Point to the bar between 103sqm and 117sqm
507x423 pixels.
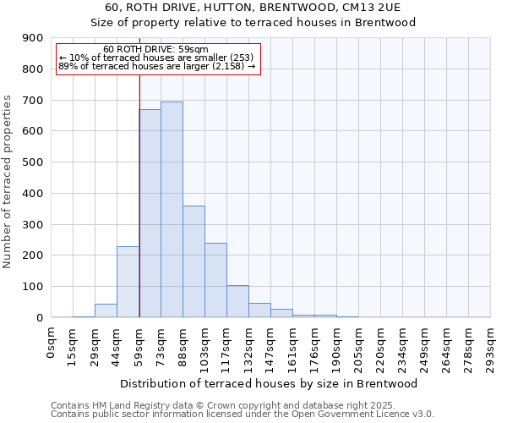(215, 280)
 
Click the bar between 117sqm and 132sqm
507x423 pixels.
(237, 301)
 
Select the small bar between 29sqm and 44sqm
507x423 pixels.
(106, 310)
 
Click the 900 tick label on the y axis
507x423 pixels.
(33, 38)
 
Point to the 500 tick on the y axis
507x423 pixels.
(33, 162)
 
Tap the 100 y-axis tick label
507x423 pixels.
(33, 287)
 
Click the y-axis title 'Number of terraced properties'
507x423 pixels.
(8, 182)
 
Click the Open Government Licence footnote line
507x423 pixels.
(243, 415)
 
